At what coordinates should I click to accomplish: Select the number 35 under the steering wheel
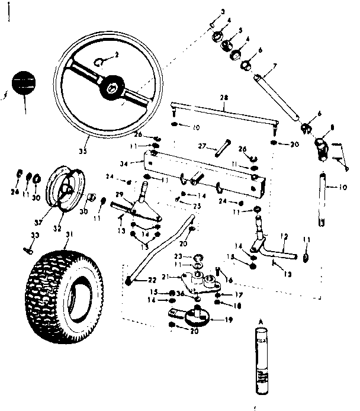point(83,152)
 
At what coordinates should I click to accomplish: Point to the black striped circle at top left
point(24,82)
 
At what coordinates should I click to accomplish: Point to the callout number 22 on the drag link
point(136,280)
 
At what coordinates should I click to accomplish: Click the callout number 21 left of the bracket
point(165,275)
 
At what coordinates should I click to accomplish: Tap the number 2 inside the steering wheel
point(116,55)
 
